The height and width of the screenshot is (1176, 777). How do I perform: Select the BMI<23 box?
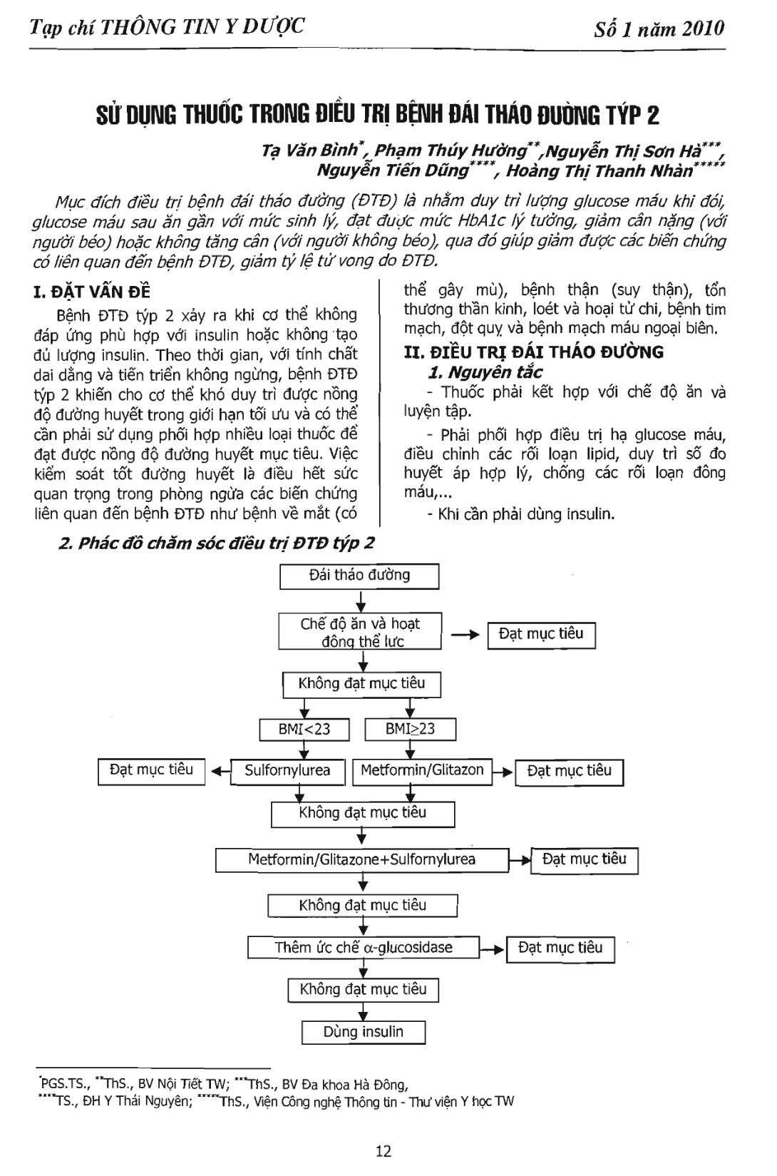pyautogui.click(x=304, y=730)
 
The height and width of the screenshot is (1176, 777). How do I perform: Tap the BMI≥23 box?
pyautogui.click(x=410, y=730)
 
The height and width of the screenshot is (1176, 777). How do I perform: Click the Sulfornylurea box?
pyautogui.click(x=288, y=771)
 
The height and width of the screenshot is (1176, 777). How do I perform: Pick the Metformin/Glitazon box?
pyautogui.click(x=422, y=771)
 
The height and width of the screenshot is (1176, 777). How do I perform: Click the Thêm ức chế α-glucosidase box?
pyautogui.click(x=364, y=948)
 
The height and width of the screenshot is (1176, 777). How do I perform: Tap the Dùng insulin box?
pyautogui.click(x=364, y=1032)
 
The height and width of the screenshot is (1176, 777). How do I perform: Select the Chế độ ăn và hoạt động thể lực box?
pyautogui.click(x=360, y=632)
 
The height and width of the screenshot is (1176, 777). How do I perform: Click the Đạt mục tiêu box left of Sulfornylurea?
pyautogui.click(x=151, y=771)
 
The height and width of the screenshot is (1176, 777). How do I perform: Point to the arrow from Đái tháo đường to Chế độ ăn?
pyautogui.click(x=361, y=600)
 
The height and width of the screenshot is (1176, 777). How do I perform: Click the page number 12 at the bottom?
pyautogui.click(x=384, y=1150)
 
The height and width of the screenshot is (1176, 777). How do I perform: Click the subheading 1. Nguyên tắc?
pyautogui.click(x=485, y=372)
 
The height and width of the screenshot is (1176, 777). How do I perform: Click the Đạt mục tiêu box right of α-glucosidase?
pyautogui.click(x=560, y=949)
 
